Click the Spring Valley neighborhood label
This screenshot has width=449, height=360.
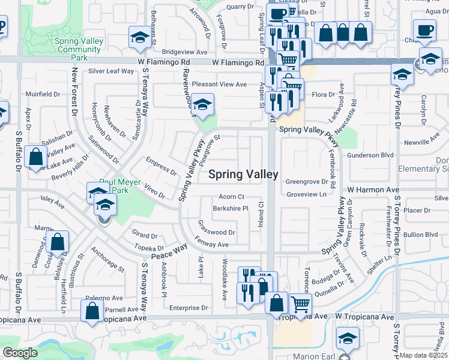243,175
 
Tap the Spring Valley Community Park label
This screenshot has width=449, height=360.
79,49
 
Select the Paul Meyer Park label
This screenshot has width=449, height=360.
120,186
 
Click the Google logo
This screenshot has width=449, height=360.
20,353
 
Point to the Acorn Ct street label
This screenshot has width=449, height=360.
231,197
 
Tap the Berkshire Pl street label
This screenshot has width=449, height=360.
231,209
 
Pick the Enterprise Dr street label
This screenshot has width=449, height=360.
188,308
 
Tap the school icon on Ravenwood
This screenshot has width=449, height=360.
203,105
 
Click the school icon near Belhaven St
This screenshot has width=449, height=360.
140,38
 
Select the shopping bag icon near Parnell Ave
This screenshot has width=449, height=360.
92,311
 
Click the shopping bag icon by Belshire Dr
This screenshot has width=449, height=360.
58,243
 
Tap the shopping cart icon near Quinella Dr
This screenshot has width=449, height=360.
300,304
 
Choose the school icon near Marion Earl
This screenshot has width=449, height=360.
348,338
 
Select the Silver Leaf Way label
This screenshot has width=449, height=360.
111,71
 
